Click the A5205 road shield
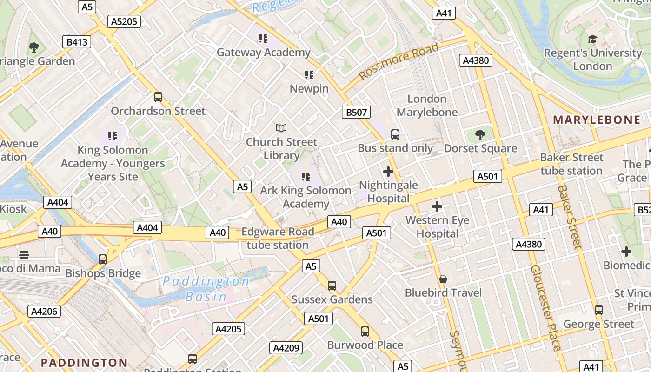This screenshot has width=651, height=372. [x=124, y=21]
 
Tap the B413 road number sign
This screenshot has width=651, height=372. [x=77, y=42]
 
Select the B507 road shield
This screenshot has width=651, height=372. [x=357, y=112]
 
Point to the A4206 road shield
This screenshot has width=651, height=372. [x=44, y=312]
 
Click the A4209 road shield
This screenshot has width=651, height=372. [x=286, y=347]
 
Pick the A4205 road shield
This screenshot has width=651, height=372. [x=229, y=329]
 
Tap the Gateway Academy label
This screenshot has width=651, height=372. [x=263, y=53]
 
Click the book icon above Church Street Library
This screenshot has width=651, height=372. [x=281, y=128]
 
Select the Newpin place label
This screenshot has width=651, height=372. [x=309, y=88]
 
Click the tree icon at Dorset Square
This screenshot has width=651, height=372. [x=480, y=135]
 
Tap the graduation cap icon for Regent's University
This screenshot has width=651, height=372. [x=592, y=40]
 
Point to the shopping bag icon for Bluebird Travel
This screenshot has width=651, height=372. [x=443, y=279]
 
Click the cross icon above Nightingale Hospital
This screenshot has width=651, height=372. [x=388, y=172]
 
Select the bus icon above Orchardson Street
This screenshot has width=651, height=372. [x=158, y=97]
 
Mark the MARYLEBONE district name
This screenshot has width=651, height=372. [x=597, y=120]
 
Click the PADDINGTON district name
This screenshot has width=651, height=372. [x=84, y=362]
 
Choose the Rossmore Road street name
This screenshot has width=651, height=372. [x=399, y=61]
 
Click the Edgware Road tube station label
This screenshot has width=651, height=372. [x=278, y=238]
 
